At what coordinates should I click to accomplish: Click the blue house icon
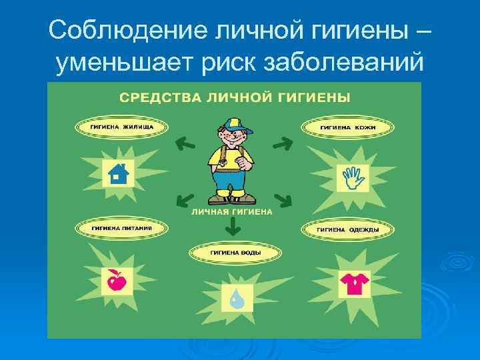[117, 173]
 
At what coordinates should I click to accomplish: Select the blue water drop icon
[236, 297]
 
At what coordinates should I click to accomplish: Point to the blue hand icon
[351, 178]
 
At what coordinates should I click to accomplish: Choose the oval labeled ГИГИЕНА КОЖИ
[347, 127]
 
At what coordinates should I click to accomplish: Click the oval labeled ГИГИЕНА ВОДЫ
[235, 253]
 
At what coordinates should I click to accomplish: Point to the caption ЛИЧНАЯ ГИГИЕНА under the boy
[232, 212]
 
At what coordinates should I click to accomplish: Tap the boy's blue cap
[231, 124]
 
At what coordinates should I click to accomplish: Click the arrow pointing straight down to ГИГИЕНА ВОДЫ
[232, 227]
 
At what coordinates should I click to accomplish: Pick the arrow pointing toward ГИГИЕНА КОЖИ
[283, 142]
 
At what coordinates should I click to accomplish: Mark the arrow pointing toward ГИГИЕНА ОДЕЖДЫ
[283, 199]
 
